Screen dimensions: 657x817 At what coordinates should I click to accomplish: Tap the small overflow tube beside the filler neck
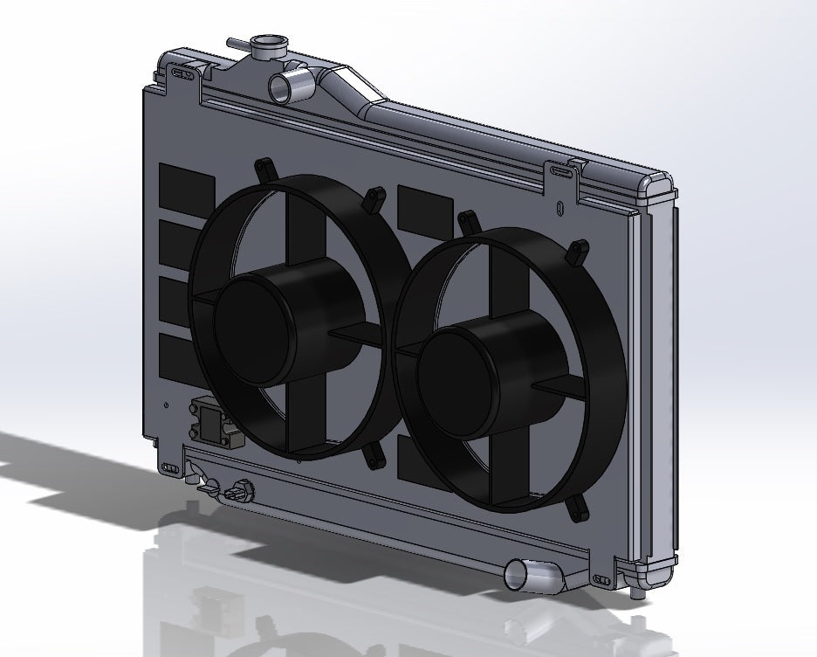point(237,41)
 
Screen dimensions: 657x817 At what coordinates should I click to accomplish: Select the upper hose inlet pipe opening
point(280,86)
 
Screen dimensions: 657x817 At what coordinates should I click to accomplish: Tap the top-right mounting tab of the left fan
point(374,197)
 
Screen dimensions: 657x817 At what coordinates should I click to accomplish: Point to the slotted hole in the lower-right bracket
point(601,578)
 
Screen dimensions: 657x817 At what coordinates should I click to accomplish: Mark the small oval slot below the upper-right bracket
point(560,208)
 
